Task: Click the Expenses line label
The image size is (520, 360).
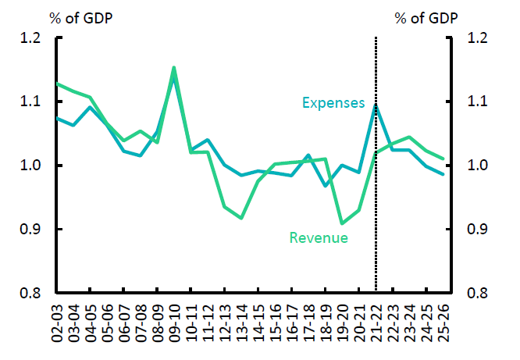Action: (333, 103)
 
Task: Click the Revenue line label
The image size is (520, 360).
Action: (319, 237)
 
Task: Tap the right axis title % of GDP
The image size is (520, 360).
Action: (426, 17)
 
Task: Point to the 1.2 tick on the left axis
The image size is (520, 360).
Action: (30, 38)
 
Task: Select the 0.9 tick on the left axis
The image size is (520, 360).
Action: (30, 230)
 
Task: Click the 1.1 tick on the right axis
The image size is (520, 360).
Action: (479, 102)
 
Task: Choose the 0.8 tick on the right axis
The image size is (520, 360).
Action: (479, 294)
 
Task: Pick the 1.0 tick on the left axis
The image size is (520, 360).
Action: (30, 166)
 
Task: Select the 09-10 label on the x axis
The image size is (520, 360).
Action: (173, 321)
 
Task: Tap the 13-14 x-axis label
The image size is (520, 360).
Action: (240, 321)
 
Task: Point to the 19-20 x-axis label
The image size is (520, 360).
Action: (342, 321)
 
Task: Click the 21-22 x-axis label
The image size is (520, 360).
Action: (376, 321)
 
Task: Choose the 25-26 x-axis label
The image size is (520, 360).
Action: (443, 321)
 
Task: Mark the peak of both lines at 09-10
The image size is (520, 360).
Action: (173, 68)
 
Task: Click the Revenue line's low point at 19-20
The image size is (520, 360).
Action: (342, 223)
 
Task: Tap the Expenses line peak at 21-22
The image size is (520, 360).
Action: (376, 105)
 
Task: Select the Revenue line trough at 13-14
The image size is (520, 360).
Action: (240, 218)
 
